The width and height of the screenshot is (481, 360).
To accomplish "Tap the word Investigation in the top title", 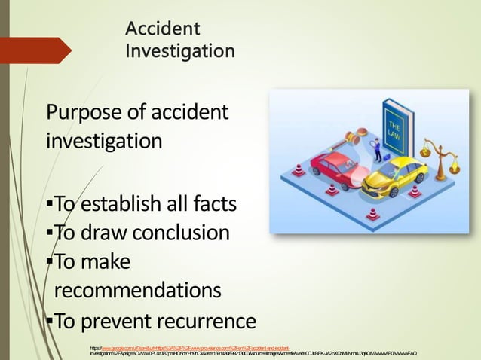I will pyautogui.click(x=179, y=52).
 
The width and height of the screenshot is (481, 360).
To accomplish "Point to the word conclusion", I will pyautogui.click(x=182, y=233).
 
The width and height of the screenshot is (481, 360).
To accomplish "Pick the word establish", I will pyautogui.click(x=124, y=205).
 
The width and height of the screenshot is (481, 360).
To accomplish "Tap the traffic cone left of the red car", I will pyautogui.click(x=299, y=171).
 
